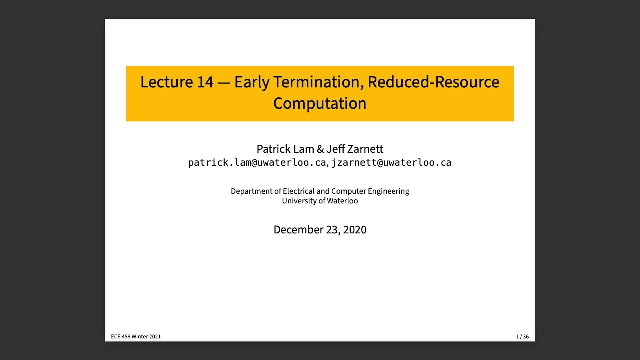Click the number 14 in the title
pos(205,82)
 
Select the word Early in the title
pos(252,82)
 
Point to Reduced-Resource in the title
pos(433,82)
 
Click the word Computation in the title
pos(320,103)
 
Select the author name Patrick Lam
pos(283,149)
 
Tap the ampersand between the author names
pos(320,149)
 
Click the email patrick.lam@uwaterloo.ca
pos(257,163)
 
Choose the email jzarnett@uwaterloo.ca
pos(391,163)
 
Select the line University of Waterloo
pos(320,201)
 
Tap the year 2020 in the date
pos(355,230)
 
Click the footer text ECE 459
pos(120,337)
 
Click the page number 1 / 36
pos(522,337)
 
